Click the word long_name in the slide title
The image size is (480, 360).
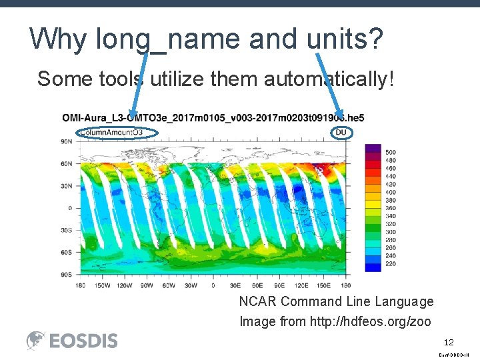[169, 40]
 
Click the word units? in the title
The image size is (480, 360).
[345, 40]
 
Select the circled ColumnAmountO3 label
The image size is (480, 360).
[111, 133]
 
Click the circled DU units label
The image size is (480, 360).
[341, 133]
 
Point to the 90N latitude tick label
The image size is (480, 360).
[67, 141]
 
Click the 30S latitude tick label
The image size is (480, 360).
[67, 230]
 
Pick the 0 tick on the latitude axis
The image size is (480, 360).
[69, 208]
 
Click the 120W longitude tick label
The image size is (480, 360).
[125, 285]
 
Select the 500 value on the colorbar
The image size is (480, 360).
[390, 153]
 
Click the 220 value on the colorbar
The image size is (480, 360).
[390, 264]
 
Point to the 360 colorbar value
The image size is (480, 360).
[390, 208]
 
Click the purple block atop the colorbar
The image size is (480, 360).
[373, 148]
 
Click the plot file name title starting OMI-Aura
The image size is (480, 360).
[213, 118]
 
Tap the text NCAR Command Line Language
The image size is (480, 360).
[336, 301]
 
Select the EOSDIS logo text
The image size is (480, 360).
[83, 341]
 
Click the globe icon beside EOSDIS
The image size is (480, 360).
[36, 341]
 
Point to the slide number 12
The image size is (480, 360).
[449, 341]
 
